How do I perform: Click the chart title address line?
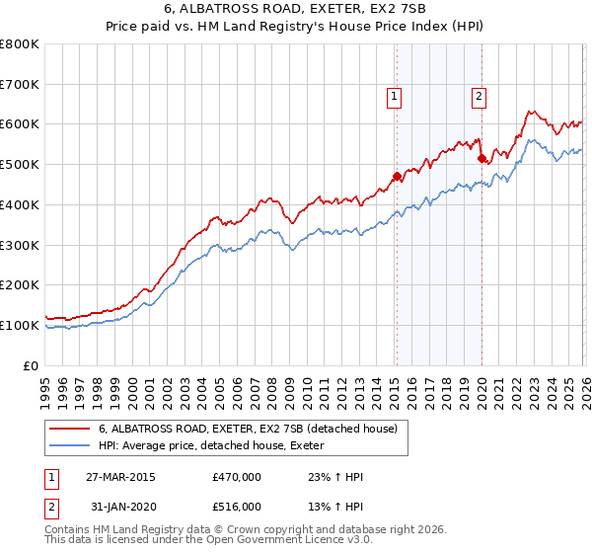click(296, 10)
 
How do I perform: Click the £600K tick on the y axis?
click(20, 124)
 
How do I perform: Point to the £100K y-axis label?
click(20, 325)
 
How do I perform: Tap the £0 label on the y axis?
click(33, 365)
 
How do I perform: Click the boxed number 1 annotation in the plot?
click(395, 97)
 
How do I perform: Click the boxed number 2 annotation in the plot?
click(479, 97)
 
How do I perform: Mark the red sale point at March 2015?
click(397, 177)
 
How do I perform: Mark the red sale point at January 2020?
click(481, 158)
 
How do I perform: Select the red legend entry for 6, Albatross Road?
click(247, 429)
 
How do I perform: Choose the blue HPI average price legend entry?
click(217, 446)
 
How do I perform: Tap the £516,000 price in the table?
click(237, 506)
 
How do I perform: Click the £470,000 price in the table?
click(237, 477)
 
